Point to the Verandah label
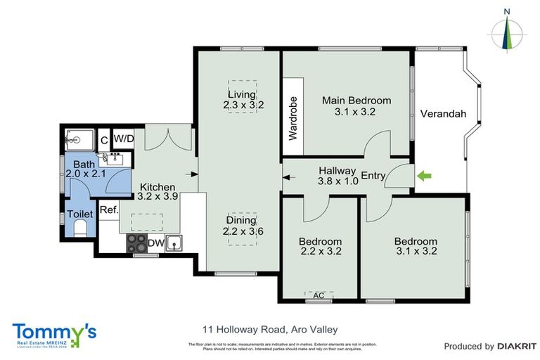click(443, 114)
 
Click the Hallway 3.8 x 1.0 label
click(338, 175)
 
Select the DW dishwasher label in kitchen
click(155, 244)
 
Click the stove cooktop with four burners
click(136, 243)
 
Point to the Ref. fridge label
click(108, 210)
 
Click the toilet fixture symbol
click(79, 229)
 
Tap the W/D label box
click(124, 138)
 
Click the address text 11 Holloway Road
click(269, 329)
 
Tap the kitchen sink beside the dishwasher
click(177, 243)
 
